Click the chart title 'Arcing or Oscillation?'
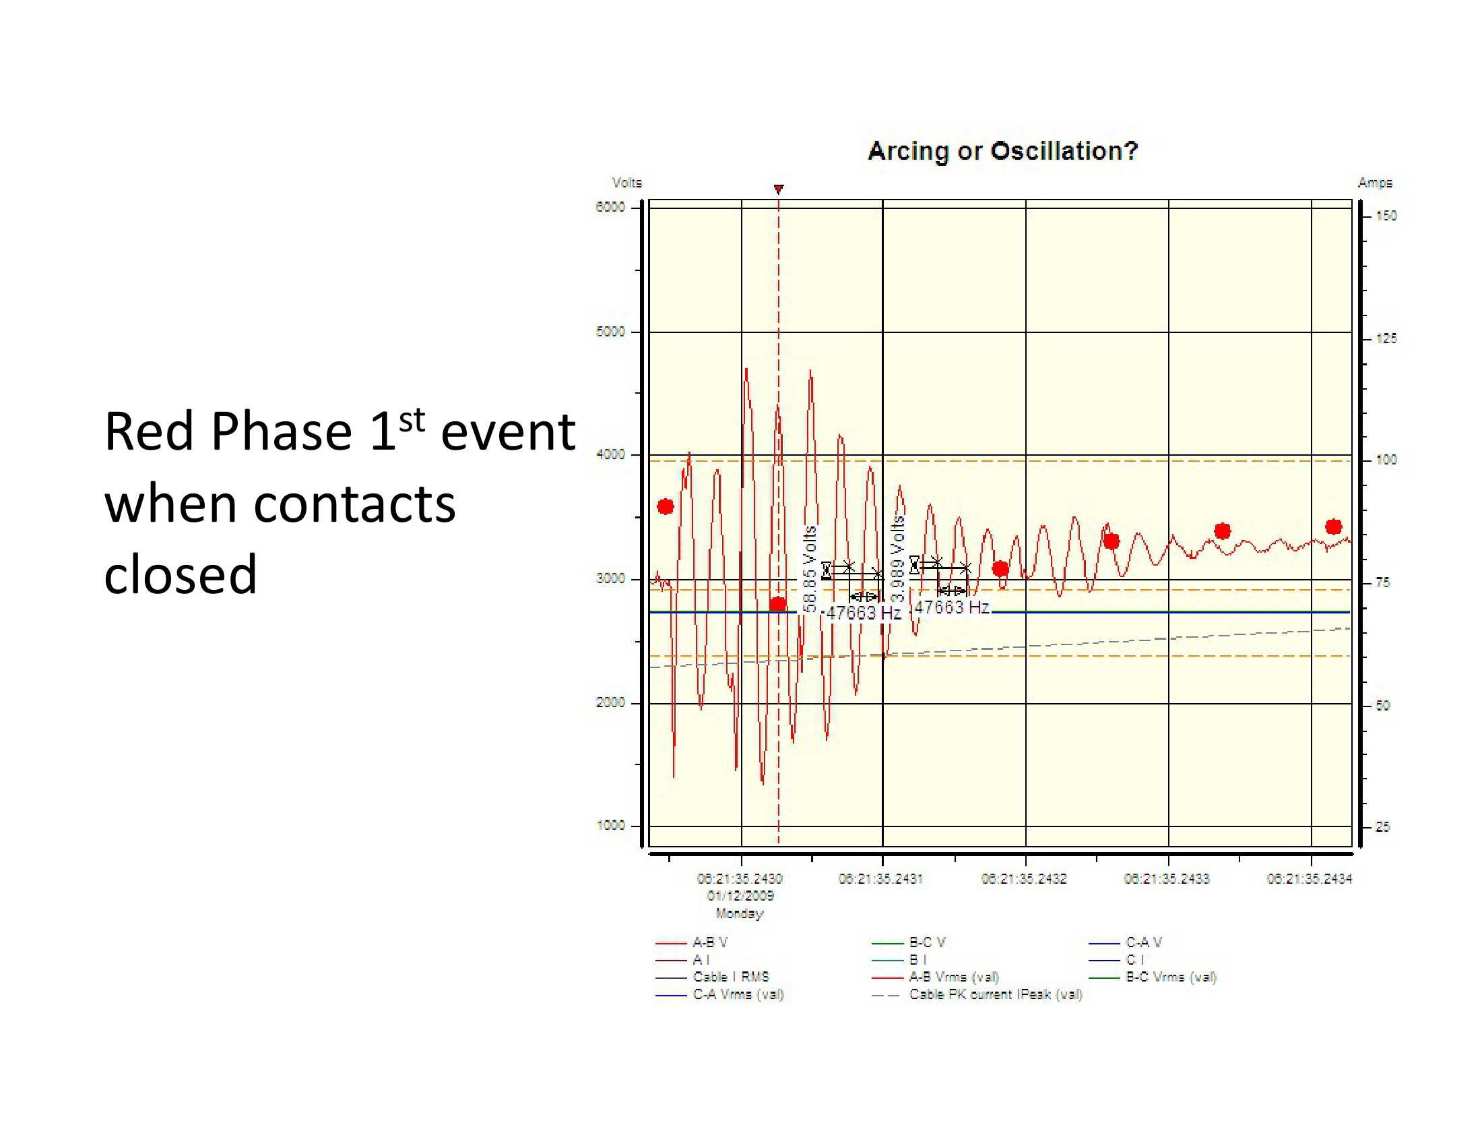1002,151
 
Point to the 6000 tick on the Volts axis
610,207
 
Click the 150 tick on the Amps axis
1386,216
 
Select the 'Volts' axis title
626,183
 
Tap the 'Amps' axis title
1375,183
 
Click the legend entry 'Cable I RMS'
731,977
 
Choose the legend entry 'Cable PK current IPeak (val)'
996,994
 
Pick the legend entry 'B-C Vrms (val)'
1171,977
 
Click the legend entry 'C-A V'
1144,942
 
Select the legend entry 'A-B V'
710,942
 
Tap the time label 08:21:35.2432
1024,879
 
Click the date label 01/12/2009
740,896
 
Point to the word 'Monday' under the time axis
740,914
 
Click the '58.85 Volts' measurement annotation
809,569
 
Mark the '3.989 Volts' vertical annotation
898,558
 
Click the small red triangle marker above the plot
779,189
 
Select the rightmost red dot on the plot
1333,527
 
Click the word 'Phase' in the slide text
281,432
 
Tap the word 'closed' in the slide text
181,574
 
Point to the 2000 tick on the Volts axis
610,702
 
